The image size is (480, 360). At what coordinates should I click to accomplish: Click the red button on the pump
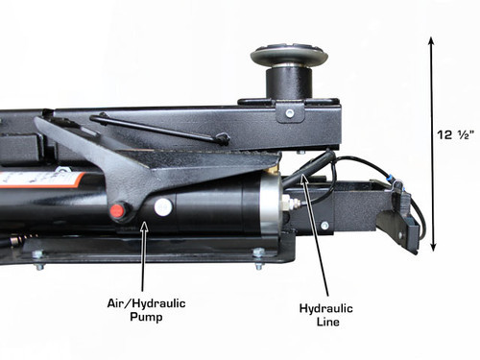[118, 209]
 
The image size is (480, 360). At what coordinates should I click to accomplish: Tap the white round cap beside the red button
[162, 205]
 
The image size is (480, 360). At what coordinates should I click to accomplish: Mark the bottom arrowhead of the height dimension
[431, 246]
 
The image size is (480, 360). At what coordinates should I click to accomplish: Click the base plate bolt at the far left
[37, 254]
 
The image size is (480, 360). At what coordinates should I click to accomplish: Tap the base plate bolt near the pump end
[257, 253]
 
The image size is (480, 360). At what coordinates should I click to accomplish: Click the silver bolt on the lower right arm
[324, 227]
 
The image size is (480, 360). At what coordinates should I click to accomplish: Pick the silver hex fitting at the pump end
[285, 204]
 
